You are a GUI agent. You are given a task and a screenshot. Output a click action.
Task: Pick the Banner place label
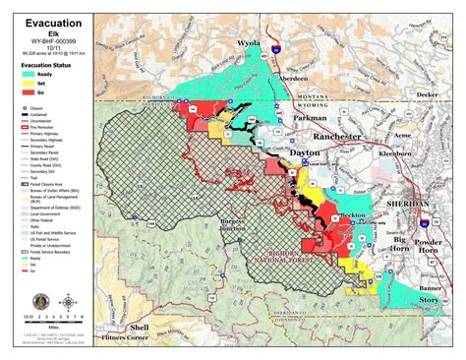(434, 288)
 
